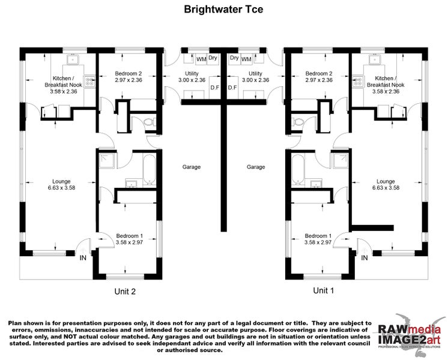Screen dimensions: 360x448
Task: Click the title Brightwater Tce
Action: tap(223, 10)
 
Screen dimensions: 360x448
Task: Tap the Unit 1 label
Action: tap(323, 290)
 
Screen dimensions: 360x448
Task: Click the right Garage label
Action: tap(256, 167)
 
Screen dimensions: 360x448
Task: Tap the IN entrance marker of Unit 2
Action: tap(83, 257)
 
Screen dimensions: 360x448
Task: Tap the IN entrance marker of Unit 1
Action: tap(365, 257)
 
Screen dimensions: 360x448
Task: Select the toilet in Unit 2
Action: tap(149, 122)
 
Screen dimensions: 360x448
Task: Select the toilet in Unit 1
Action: tap(297, 122)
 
